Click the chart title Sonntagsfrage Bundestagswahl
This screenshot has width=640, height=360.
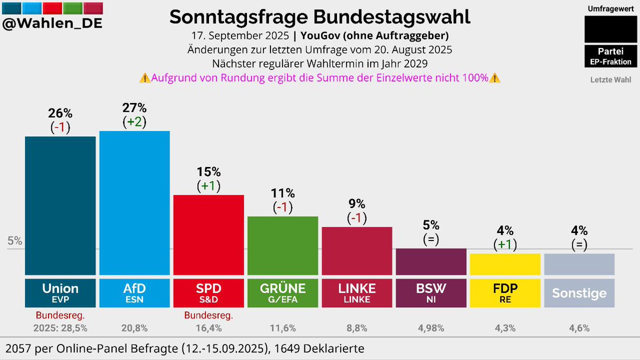click(x=319, y=17)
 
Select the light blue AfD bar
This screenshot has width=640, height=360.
click(x=134, y=203)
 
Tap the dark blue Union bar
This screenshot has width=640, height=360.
click(x=60, y=205)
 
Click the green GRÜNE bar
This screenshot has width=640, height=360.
click(x=283, y=245)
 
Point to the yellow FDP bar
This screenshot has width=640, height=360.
click(x=505, y=264)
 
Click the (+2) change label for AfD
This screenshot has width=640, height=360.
click(x=134, y=122)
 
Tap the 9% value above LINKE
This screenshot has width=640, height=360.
click(x=357, y=204)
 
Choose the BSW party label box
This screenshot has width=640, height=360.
click(x=431, y=292)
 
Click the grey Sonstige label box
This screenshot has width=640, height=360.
click(x=579, y=293)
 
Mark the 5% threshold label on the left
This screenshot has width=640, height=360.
click(x=15, y=241)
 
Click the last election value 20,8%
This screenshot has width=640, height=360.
click(x=134, y=328)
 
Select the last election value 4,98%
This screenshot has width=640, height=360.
click(x=431, y=328)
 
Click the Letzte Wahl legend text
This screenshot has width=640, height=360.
click(x=610, y=80)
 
